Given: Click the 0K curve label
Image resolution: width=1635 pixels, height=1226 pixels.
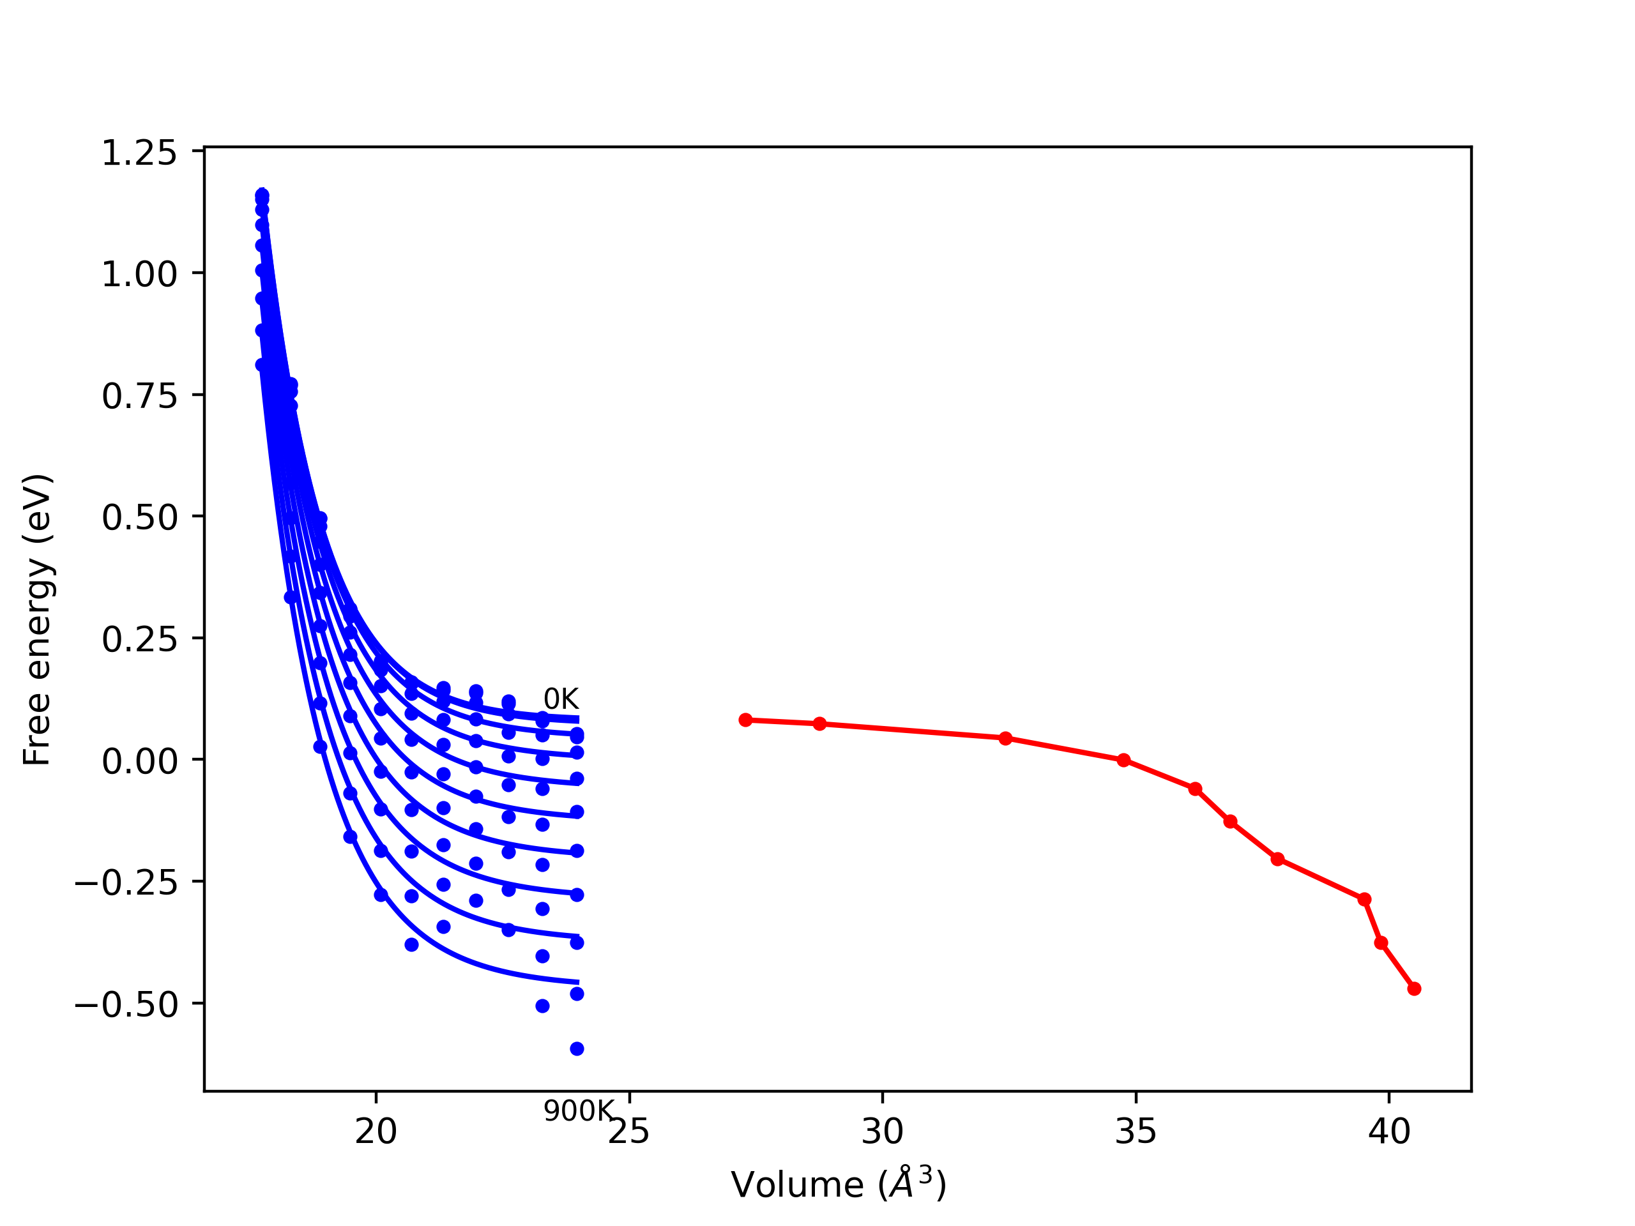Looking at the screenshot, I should [561, 699].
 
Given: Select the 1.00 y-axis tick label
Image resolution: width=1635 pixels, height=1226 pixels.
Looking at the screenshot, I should [139, 274].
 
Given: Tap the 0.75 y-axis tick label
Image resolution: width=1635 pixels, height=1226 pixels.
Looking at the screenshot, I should [139, 396].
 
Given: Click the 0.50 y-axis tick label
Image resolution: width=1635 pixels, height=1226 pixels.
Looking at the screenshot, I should [139, 517].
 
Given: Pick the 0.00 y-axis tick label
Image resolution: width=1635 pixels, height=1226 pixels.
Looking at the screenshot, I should [139, 761].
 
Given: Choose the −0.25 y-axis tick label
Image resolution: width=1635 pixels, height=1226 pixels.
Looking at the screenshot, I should [126, 882].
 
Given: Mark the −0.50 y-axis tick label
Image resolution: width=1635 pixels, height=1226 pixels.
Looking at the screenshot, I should [126, 1004].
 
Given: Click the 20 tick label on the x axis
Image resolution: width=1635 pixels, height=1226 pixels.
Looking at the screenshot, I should [376, 1132].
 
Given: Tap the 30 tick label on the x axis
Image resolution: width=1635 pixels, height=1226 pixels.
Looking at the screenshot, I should [882, 1132].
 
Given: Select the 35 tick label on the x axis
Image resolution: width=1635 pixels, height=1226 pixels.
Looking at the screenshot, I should [1136, 1132].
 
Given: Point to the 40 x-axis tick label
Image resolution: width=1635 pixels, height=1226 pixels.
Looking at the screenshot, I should [1389, 1132].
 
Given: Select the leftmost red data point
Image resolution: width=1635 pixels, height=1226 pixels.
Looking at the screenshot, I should [745, 720].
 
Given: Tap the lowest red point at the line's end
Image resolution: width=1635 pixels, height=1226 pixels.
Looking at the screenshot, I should [1414, 988].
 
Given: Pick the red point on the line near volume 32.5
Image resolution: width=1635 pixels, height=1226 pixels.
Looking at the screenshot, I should [1005, 738].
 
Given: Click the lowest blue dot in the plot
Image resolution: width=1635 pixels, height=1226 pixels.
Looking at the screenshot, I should [577, 1048].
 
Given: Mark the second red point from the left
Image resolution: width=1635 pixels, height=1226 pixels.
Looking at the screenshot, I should [819, 723].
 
